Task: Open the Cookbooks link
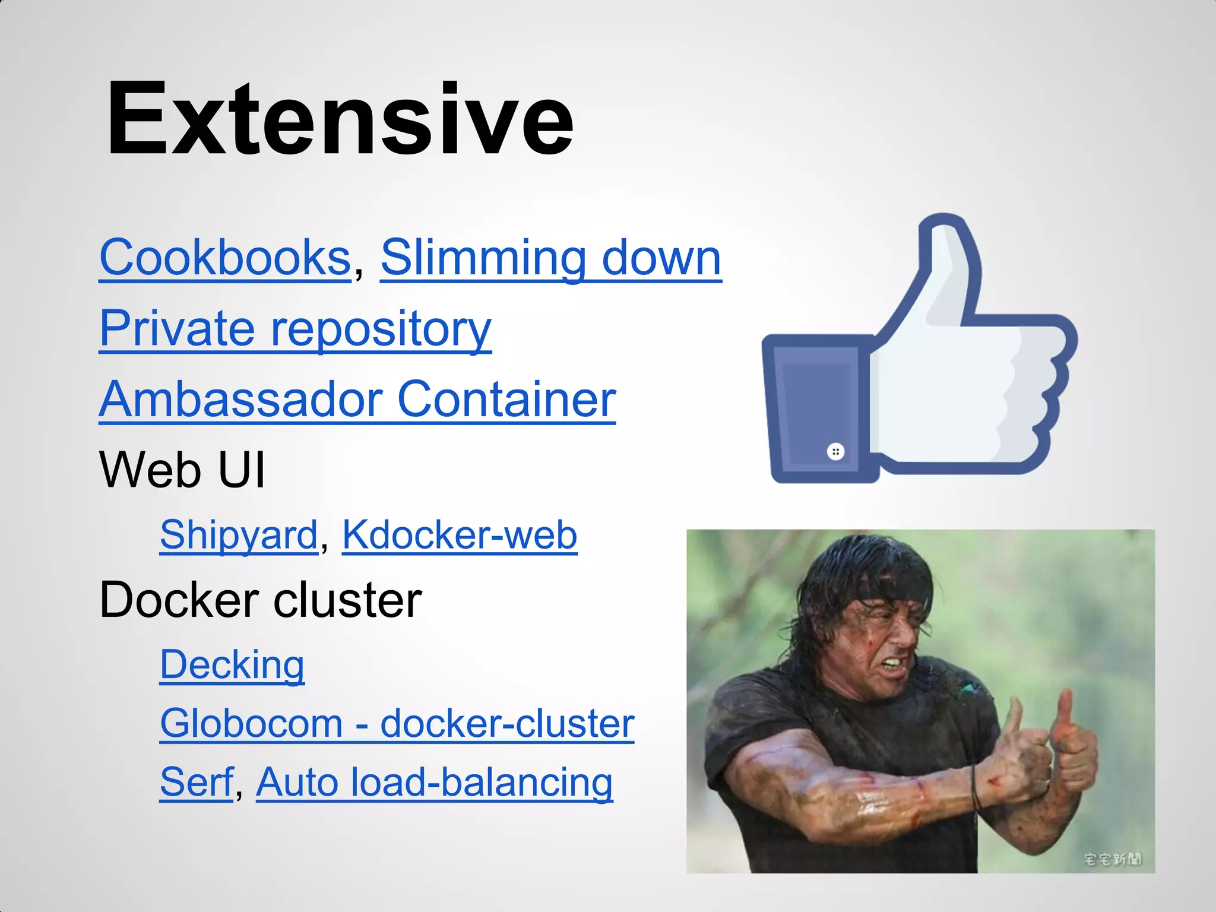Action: pos(226,258)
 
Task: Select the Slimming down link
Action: pos(550,258)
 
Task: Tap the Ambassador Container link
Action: pos(357,399)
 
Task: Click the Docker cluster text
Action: pos(261,600)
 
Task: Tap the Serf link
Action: pos(197,782)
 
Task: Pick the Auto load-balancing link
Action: pos(434,782)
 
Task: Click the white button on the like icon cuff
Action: pos(835,452)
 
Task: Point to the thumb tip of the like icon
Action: pos(944,229)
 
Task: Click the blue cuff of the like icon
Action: pos(816,410)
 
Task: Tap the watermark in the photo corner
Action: pos(1111,859)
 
